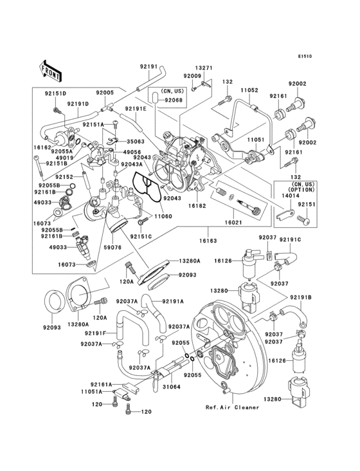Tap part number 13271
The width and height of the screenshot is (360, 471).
click(203, 68)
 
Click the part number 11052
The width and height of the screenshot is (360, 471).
click(249, 91)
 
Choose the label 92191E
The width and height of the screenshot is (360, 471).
click(136, 108)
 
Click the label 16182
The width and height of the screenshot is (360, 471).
click(197, 207)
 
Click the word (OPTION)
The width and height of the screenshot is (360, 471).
click(301, 191)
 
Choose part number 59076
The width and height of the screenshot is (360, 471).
click(113, 246)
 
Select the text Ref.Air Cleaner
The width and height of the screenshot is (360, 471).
click(233, 407)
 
